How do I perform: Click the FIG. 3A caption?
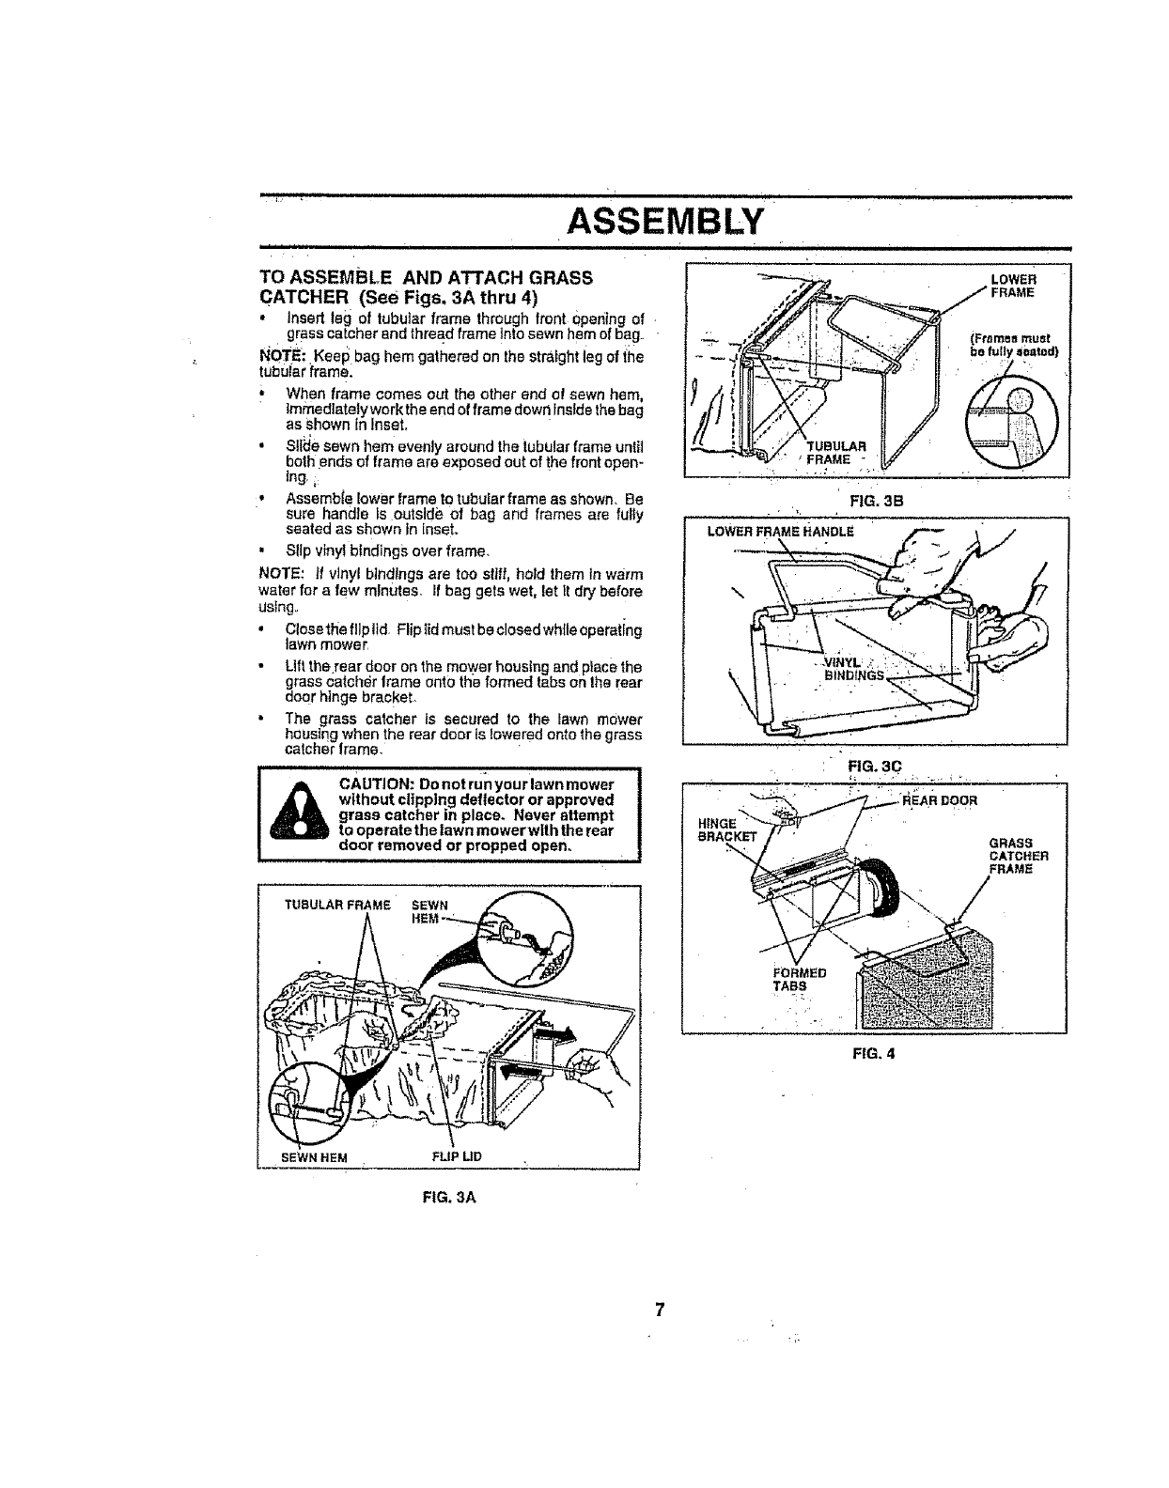coord(447,1198)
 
